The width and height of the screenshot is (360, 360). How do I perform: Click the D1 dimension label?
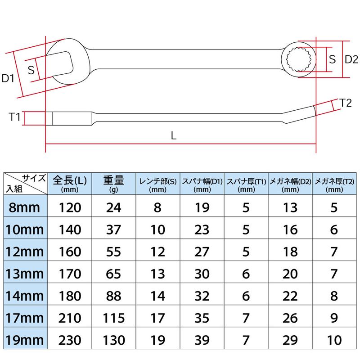(x=8, y=78)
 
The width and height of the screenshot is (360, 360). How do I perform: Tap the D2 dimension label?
(x=351, y=58)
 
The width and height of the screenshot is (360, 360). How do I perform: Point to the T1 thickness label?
(x=14, y=117)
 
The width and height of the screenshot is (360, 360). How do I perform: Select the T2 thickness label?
(x=345, y=103)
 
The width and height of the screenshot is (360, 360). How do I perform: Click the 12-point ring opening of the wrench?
(x=298, y=59)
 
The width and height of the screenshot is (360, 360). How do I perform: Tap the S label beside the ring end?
(x=332, y=59)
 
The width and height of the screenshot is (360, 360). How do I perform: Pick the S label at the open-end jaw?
(x=31, y=70)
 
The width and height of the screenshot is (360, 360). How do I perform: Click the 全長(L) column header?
(x=70, y=183)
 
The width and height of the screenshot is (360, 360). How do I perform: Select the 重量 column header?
(x=114, y=183)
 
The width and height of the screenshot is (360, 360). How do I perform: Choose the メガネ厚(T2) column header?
(x=333, y=183)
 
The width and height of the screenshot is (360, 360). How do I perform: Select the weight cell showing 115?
(x=114, y=318)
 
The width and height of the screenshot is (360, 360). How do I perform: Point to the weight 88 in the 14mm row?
(x=114, y=296)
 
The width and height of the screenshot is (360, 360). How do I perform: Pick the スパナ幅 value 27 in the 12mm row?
(x=202, y=252)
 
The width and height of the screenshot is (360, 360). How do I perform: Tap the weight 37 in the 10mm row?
(x=114, y=229)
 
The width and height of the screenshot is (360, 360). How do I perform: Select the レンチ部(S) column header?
(x=158, y=183)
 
